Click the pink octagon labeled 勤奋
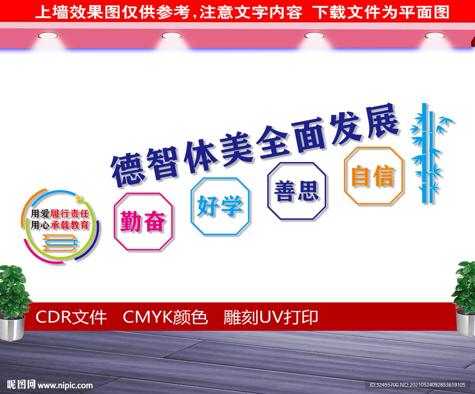143,222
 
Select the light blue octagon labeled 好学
220,206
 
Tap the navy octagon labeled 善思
296,191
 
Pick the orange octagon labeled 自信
373,176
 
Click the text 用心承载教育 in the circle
59,226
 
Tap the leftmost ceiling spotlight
45,35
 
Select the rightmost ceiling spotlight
434,35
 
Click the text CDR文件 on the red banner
71,317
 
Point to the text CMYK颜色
165,317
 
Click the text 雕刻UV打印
270,317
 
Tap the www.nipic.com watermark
65,385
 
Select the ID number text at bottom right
417,385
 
